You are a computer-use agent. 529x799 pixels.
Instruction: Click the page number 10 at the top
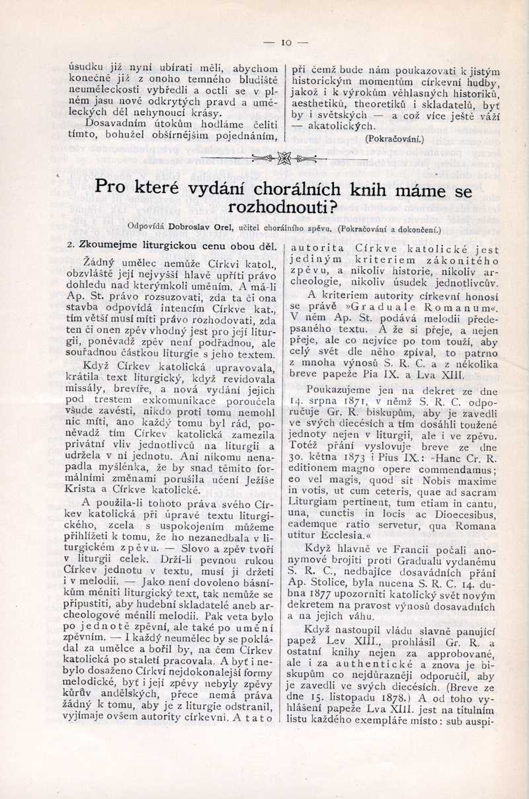click(286, 43)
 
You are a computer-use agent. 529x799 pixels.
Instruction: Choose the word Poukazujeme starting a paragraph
click(341, 390)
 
